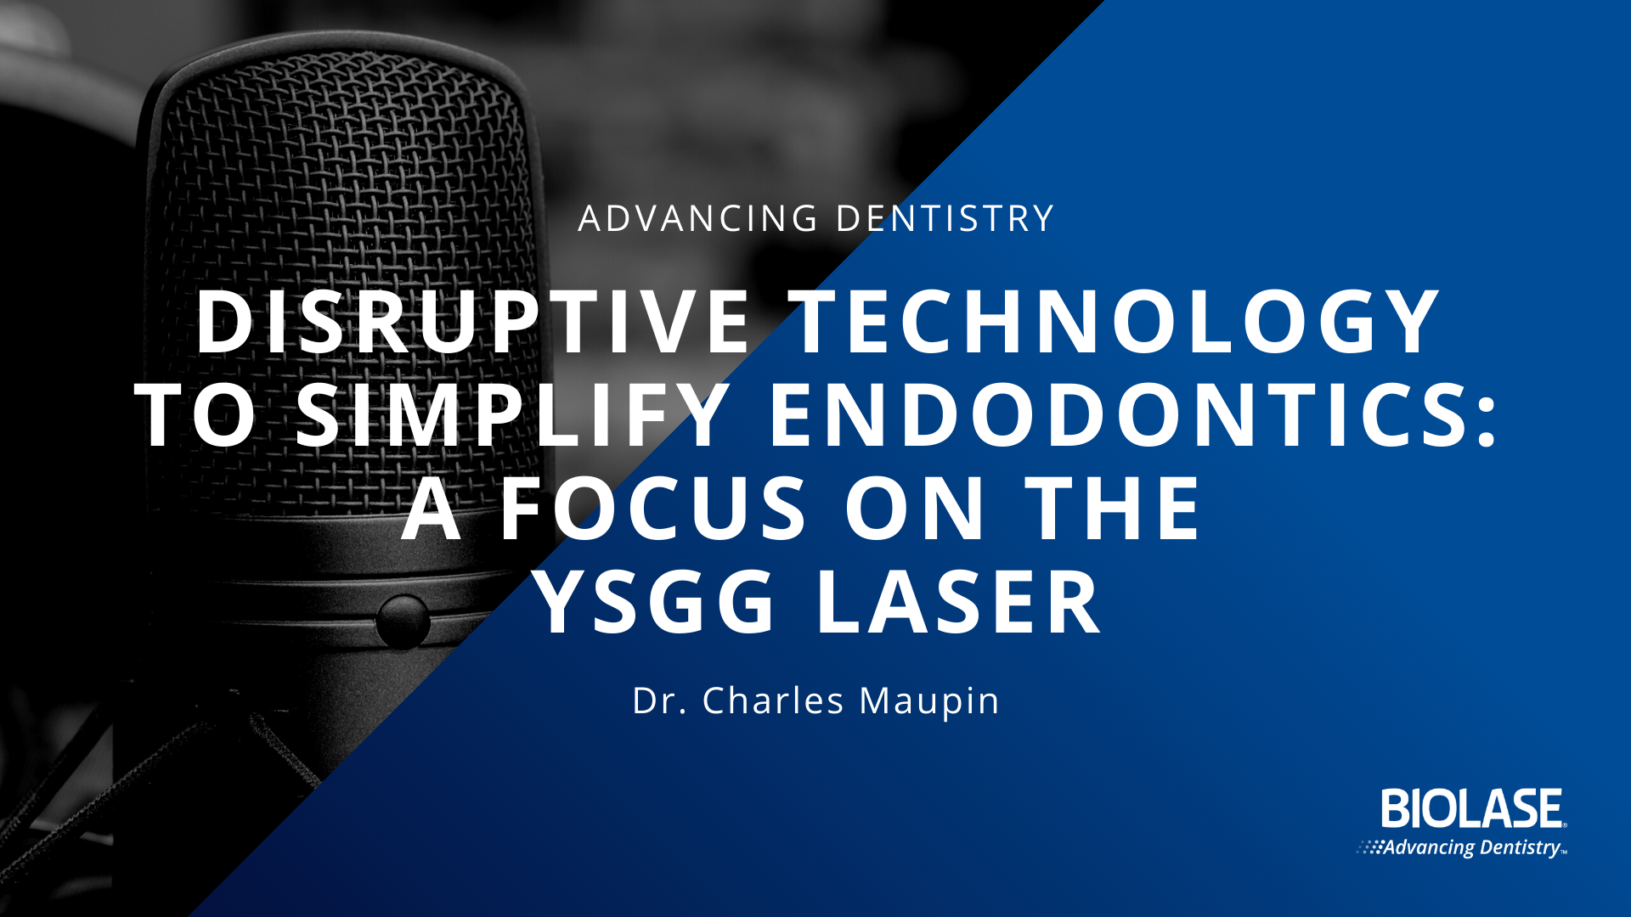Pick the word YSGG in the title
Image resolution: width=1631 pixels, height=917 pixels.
pos(655,602)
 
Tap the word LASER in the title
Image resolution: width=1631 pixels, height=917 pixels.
pos(959,602)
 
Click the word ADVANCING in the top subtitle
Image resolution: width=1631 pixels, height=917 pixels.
pos(698,218)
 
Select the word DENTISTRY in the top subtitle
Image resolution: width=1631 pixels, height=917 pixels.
pos(945,218)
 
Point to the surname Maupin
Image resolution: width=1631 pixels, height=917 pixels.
pos(929,702)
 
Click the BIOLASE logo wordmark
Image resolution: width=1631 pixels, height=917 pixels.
pos(1473,808)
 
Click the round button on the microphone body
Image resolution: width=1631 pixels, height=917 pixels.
pos(402,622)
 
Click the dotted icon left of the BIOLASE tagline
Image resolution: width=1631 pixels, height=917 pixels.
pos(1369,847)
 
